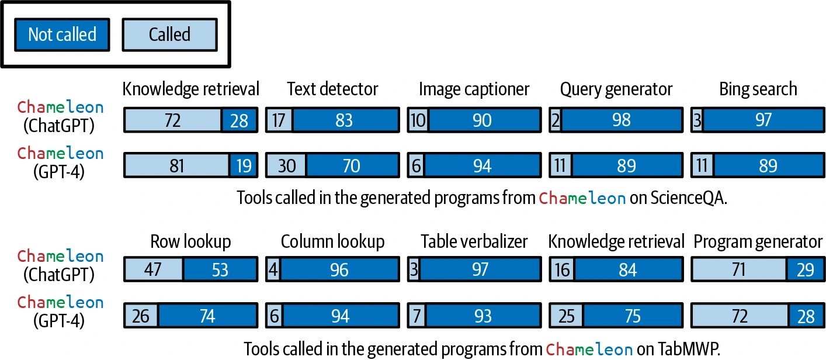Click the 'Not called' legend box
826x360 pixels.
point(62,34)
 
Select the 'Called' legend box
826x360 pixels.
point(169,34)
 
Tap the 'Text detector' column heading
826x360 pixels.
point(332,89)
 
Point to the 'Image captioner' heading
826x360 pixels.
point(474,89)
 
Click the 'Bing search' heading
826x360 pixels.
point(758,89)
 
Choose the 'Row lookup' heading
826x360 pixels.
point(190,241)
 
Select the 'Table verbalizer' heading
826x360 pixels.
point(474,241)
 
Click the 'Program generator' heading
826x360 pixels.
point(758,242)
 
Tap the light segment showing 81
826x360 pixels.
point(176,165)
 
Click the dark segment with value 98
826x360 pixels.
point(622,120)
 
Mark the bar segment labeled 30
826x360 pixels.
point(286,165)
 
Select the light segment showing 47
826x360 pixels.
point(154,269)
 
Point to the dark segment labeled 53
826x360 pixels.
point(220,269)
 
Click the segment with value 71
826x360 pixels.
point(738,269)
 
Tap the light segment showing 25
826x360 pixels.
point(566,316)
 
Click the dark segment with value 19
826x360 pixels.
point(244,165)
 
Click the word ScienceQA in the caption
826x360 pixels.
point(689,198)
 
